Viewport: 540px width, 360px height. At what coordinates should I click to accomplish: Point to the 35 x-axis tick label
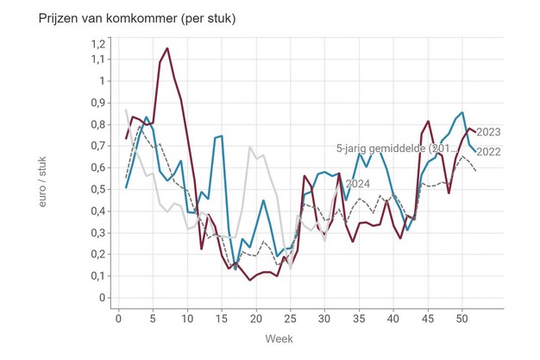(x=358, y=318)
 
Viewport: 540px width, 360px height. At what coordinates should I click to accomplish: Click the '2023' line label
(x=489, y=132)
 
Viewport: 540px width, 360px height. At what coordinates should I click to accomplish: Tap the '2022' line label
(x=489, y=153)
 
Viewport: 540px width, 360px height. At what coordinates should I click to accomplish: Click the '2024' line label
(x=359, y=184)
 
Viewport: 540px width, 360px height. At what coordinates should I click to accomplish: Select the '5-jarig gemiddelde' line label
(x=393, y=148)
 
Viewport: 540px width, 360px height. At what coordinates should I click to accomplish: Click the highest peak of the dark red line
(x=167, y=60)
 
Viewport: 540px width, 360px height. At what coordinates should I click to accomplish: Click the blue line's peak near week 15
(x=222, y=136)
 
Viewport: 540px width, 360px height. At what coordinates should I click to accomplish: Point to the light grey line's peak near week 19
(x=250, y=148)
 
